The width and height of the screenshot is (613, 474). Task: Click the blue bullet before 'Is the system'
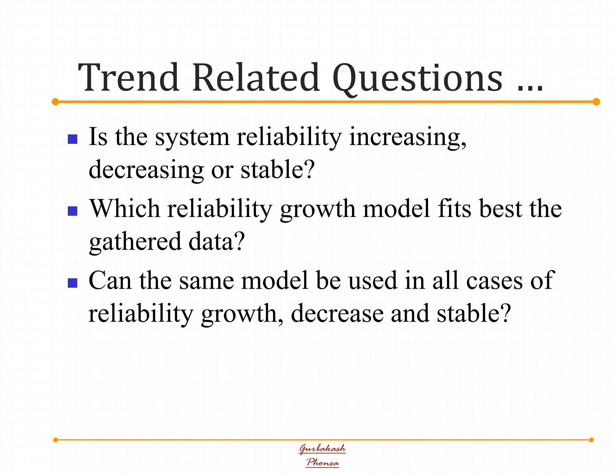tap(72, 139)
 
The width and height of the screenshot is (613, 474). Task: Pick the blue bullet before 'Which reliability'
tap(72, 211)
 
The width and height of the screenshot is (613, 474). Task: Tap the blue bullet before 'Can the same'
tap(72, 283)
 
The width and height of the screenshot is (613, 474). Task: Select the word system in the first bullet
tap(192, 137)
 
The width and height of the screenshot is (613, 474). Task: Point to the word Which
tap(125, 209)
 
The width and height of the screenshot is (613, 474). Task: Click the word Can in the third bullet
tap(110, 280)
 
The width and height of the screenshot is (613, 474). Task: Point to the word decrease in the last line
tap(337, 313)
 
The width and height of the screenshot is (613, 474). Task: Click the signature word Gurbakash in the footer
tap(322, 449)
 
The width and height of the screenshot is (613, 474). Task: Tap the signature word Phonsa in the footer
tap(322, 462)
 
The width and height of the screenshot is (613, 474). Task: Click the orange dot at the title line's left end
tap(55, 102)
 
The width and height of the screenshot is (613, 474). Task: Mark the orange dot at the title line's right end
tap(596, 102)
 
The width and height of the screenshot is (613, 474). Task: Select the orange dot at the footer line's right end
tap(591, 440)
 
